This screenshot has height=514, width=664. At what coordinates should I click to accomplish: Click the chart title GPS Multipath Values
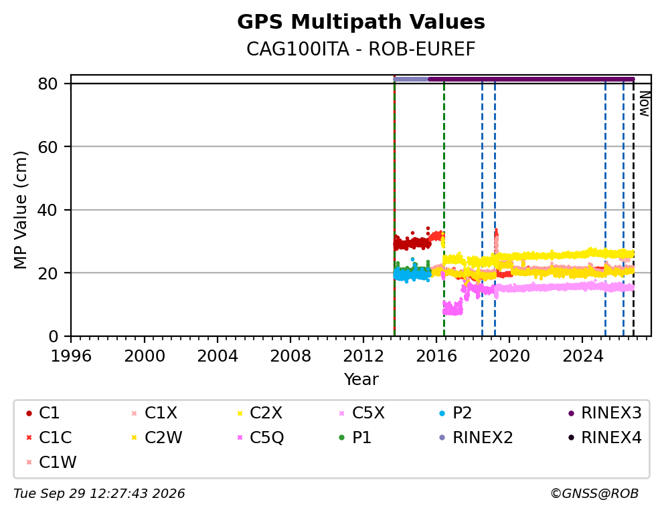coord(361,22)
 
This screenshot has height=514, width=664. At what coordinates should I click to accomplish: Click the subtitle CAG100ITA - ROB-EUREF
coord(361,49)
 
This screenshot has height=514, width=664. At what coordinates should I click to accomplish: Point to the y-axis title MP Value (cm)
coord(20,210)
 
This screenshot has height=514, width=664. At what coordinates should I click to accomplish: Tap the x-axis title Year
coord(361,379)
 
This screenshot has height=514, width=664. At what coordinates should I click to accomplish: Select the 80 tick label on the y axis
coord(48,84)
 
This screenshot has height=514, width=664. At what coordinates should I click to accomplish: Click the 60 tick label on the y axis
coord(48,146)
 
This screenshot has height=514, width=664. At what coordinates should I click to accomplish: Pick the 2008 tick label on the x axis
coord(290,356)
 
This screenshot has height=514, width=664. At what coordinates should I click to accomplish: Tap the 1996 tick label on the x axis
coord(71,356)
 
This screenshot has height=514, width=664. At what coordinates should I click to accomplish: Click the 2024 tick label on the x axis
coord(583,356)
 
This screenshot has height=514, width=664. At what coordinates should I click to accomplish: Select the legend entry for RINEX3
coord(604,413)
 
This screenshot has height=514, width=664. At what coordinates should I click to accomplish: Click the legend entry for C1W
coord(52,463)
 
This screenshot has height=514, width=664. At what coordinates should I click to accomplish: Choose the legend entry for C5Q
coord(261,438)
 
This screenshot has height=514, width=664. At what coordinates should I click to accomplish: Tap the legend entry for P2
coord(456,413)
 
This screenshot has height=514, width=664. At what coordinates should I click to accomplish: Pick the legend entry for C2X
coord(260,413)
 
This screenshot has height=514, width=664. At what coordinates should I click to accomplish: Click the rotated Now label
coord(645,104)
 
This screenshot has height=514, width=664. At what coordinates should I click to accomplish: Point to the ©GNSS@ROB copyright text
coord(594,493)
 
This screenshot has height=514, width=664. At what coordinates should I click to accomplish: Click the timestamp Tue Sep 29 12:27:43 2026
coord(99,493)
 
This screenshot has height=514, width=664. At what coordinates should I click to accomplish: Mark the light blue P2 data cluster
coord(412,275)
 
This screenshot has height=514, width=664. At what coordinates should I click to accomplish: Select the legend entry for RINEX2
coord(476,438)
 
